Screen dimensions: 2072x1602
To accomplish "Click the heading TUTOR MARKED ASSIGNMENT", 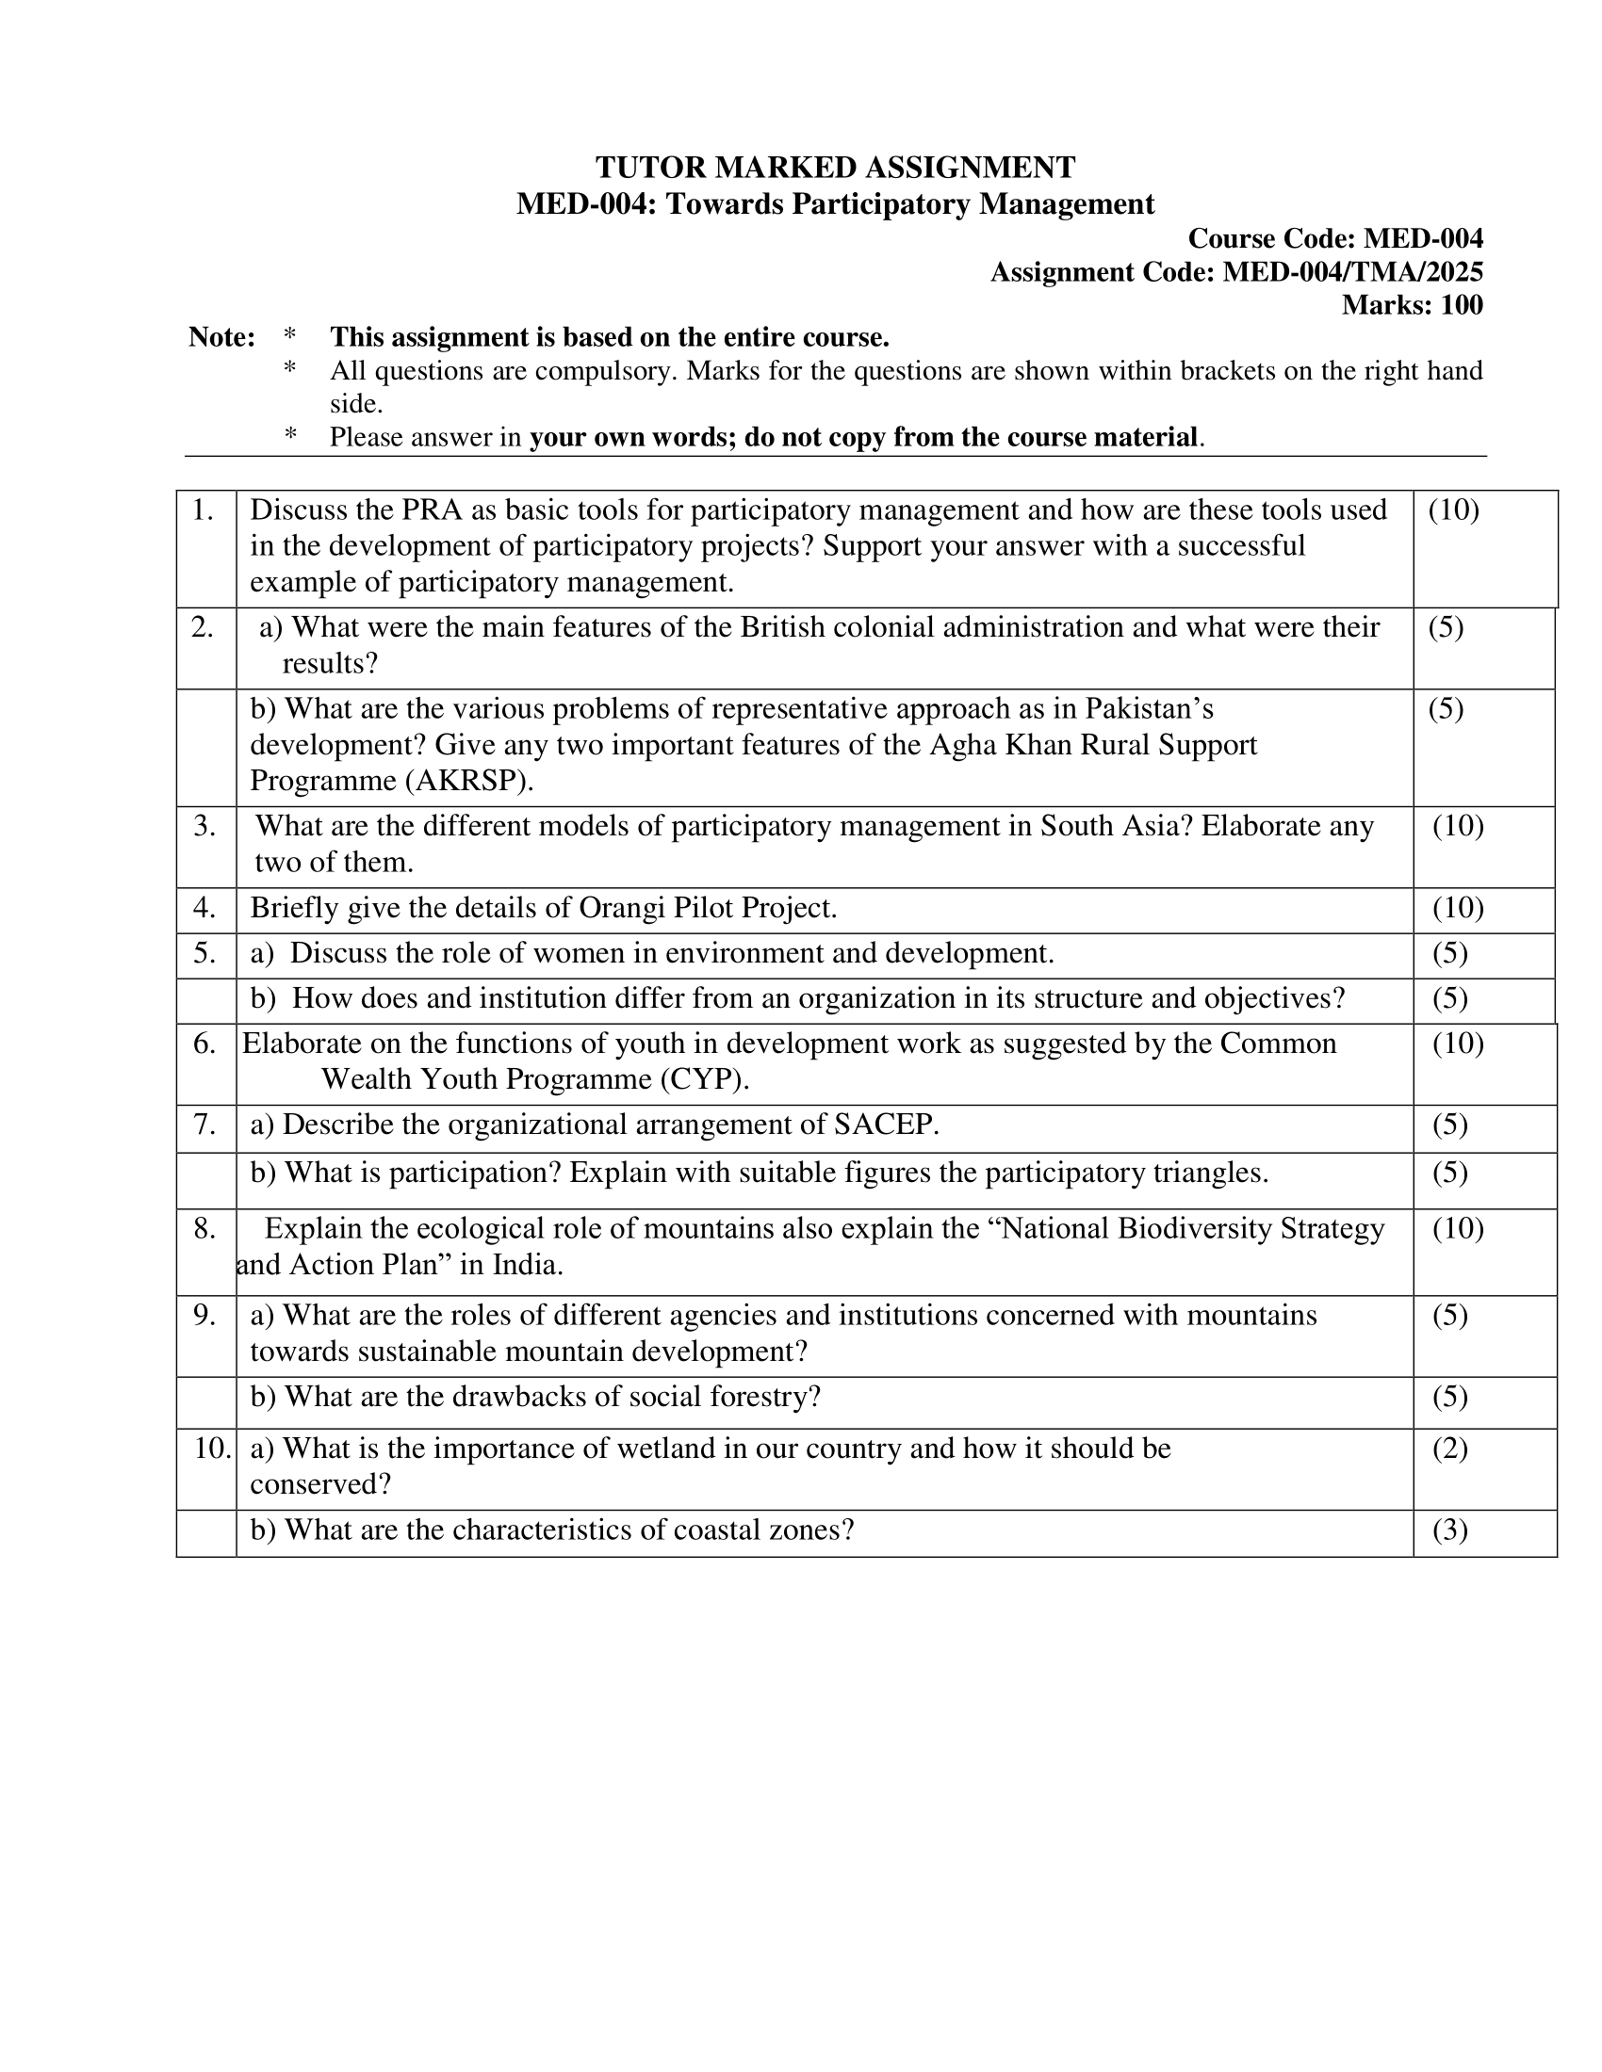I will coord(835,168).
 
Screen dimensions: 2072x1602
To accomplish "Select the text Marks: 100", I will coord(1412,305).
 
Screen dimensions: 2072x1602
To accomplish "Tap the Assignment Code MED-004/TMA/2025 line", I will coord(1235,272).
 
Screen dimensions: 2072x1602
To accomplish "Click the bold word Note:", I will coord(221,337).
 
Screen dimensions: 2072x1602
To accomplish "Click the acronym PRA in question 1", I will coord(432,510).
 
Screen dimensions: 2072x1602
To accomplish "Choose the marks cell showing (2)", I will coord(1449,1449).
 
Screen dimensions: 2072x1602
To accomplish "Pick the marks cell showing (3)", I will coord(1449,1530).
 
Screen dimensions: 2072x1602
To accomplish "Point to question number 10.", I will coord(213,1449).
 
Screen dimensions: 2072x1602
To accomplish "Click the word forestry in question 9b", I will coord(767,1397).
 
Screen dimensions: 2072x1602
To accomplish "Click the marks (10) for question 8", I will coord(1458,1228).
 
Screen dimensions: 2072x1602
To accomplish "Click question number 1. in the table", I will coord(204,510).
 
